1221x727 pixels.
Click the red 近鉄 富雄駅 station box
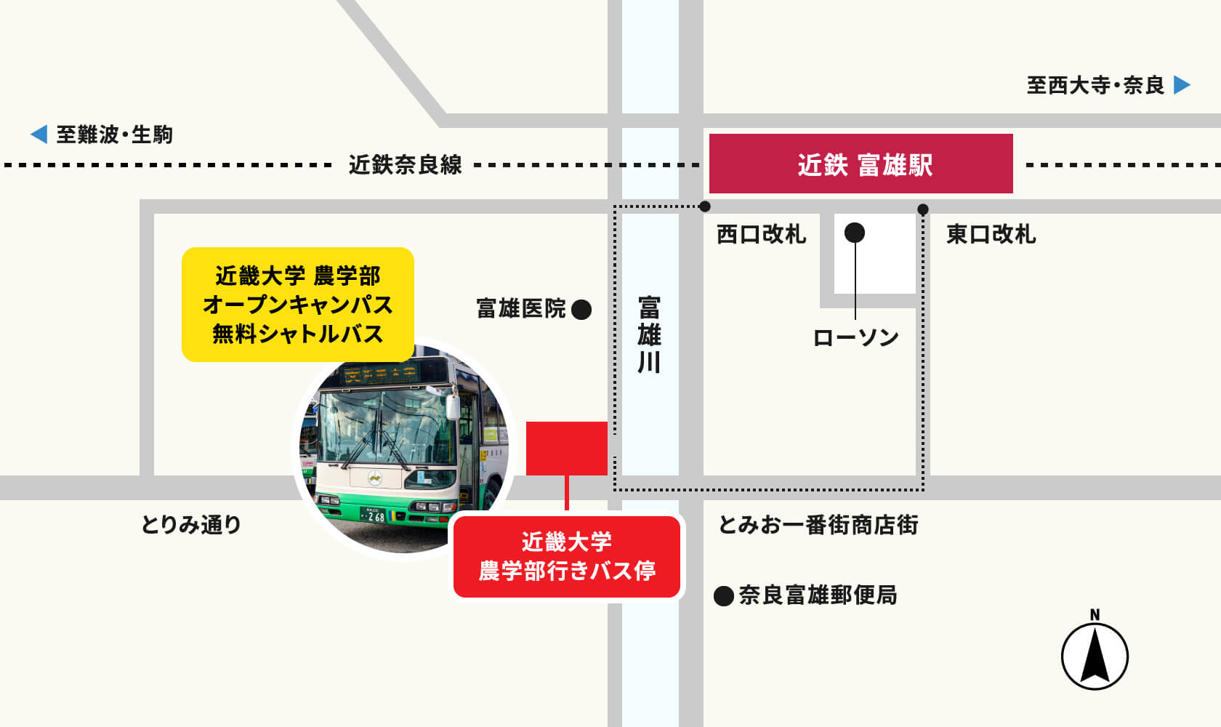(861, 164)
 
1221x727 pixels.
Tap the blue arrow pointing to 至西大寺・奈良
(1182, 85)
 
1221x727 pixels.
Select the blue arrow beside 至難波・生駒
(39, 134)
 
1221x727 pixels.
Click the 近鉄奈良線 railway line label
(405, 165)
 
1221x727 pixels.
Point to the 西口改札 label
(761, 234)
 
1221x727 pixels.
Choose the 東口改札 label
(991, 234)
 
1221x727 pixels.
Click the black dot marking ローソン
(855, 233)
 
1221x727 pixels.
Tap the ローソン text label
(855, 337)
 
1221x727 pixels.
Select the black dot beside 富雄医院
(581, 310)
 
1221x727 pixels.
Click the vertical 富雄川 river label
(649, 334)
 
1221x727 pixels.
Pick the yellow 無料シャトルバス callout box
(297, 304)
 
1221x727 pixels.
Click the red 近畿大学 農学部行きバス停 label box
(567, 557)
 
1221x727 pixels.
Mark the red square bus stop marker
(566, 449)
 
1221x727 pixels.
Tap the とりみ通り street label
(190, 524)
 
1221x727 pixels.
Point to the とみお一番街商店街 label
(818, 524)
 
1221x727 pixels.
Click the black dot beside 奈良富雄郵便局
(723, 596)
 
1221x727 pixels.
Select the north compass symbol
(1095, 654)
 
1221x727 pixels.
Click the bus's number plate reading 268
(374, 516)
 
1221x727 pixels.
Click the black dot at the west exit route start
(704, 206)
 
